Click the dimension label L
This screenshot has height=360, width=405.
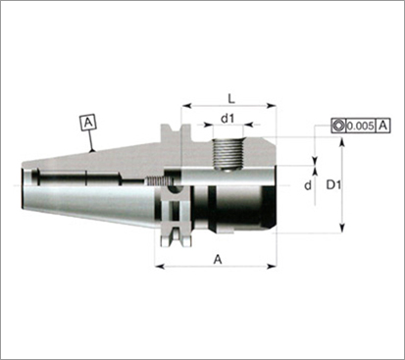(231, 98)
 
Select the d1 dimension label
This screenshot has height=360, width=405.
(228, 119)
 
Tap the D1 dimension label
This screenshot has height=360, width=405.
(333, 185)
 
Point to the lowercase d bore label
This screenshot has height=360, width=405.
(308, 185)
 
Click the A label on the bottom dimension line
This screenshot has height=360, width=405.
(218, 260)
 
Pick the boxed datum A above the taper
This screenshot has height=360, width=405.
(88, 123)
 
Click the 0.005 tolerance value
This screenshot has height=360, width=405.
(360, 126)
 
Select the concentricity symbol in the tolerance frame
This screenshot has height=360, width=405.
(338, 126)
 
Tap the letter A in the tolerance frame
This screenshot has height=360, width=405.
(383, 126)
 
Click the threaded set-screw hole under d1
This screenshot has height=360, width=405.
(228, 154)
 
